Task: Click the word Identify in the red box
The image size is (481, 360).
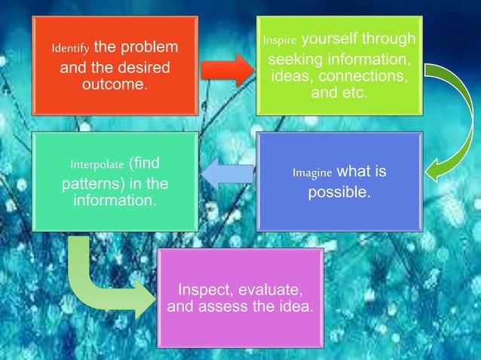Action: tap(69, 48)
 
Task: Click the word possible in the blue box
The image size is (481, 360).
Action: tap(339, 193)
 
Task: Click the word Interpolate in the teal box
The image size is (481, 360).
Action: tap(97, 164)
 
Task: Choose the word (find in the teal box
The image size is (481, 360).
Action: tap(145, 163)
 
